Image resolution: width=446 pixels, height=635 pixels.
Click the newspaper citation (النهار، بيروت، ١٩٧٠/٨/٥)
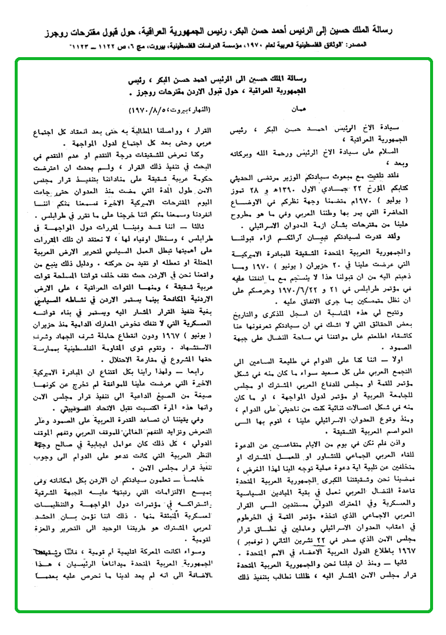pos(158,110)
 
